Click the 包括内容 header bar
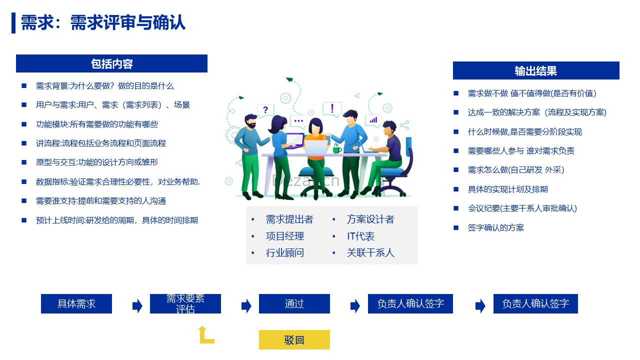pyautogui.click(x=111, y=63)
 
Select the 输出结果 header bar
pyautogui.click(x=536, y=70)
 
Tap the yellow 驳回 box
pyautogui.click(x=294, y=339)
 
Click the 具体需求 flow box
pyautogui.click(x=76, y=303)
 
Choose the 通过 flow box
pyautogui.click(x=294, y=303)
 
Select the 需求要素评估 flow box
pyautogui.click(x=185, y=303)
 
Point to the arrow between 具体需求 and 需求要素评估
pyautogui.click(x=137, y=305)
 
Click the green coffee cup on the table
pyautogui.click(x=337, y=149)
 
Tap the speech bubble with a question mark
pyautogui.click(x=265, y=110)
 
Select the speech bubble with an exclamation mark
pyautogui.click(x=332, y=109)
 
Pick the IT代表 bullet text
pyautogui.click(x=360, y=236)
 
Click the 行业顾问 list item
pyautogui.click(x=285, y=253)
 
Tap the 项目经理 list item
pyautogui.click(x=285, y=236)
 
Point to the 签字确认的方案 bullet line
pyautogui.click(x=495, y=227)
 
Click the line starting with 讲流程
pyautogui.click(x=101, y=143)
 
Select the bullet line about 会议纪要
pyautogui.click(x=522, y=208)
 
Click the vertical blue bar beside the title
pyautogui.click(x=13, y=23)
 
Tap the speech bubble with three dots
pyautogui.click(x=298, y=121)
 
